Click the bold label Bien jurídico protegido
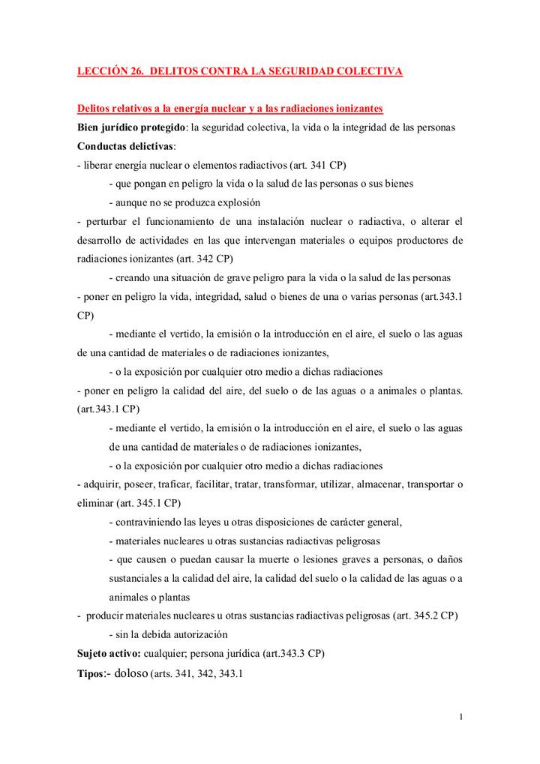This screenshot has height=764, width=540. (131, 127)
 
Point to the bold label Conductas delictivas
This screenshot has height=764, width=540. (124, 145)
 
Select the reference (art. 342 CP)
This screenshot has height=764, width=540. (204, 259)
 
